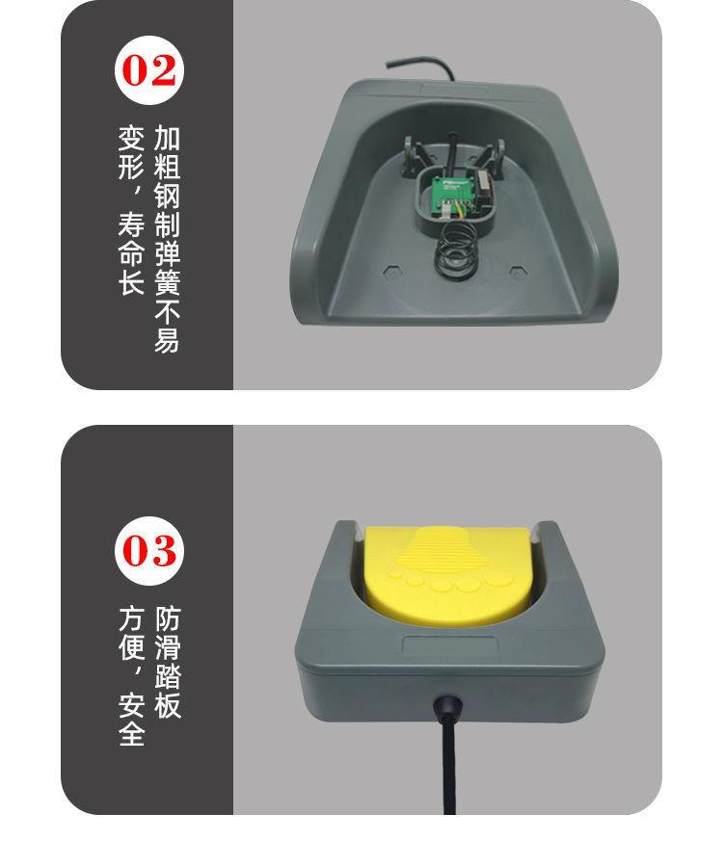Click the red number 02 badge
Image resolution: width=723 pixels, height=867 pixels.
point(148,70)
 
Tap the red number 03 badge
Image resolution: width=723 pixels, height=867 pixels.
point(148,551)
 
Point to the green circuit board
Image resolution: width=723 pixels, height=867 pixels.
point(454,194)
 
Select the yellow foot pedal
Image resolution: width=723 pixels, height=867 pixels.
point(447,574)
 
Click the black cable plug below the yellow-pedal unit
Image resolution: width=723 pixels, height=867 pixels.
point(448,708)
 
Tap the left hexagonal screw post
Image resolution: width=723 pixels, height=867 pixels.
point(390,271)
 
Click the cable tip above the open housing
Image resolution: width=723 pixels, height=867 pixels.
point(388,65)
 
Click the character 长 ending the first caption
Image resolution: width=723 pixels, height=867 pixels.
point(132,281)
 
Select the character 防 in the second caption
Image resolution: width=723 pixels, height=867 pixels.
point(168,618)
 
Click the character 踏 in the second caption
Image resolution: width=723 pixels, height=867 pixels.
point(168,676)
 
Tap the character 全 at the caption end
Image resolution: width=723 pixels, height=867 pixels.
point(132,734)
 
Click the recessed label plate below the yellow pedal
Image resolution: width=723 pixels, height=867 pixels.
point(450,645)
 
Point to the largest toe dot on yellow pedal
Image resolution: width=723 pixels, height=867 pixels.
point(499,578)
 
